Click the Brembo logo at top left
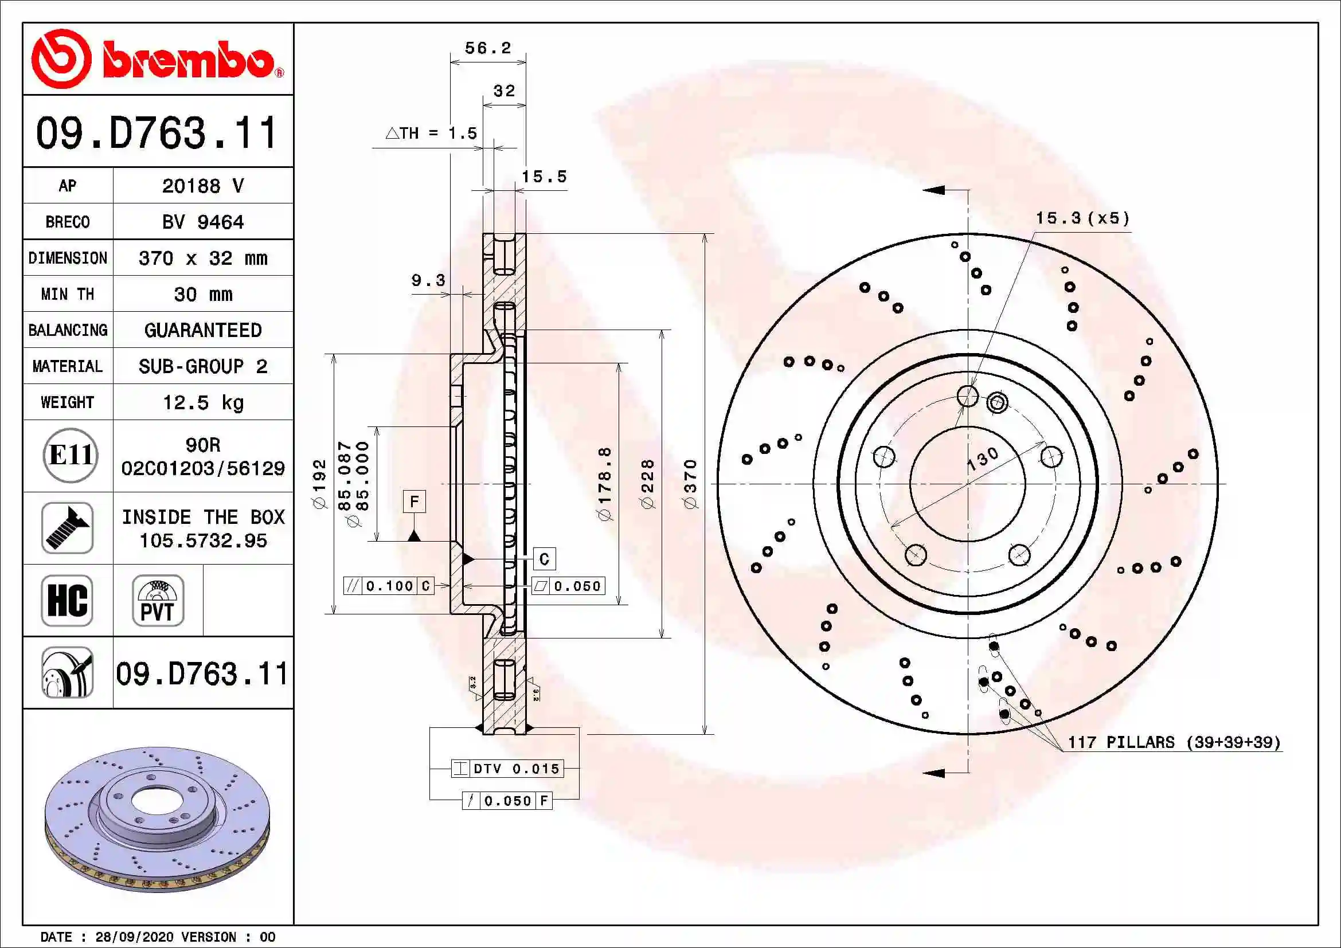coord(158,59)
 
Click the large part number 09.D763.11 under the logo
coord(157,132)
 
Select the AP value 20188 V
coord(202,186)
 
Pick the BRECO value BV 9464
coord(202,222)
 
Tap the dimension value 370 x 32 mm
coord(202,258)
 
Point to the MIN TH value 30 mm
coord(202,294)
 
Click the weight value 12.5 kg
coord(202,402)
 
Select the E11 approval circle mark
coord(70,455)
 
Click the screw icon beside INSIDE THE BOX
coord(68,528)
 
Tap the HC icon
coord(68,600)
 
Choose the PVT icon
coord(158,600)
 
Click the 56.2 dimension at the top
coord(488,49)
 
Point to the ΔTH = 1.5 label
coord(432,134)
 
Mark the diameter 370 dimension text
coord(690,484)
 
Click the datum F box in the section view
coord(414,502)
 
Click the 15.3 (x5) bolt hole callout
coord(1082,219)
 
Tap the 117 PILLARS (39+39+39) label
coord(1174,742)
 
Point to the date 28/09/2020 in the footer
coord(134,937)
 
